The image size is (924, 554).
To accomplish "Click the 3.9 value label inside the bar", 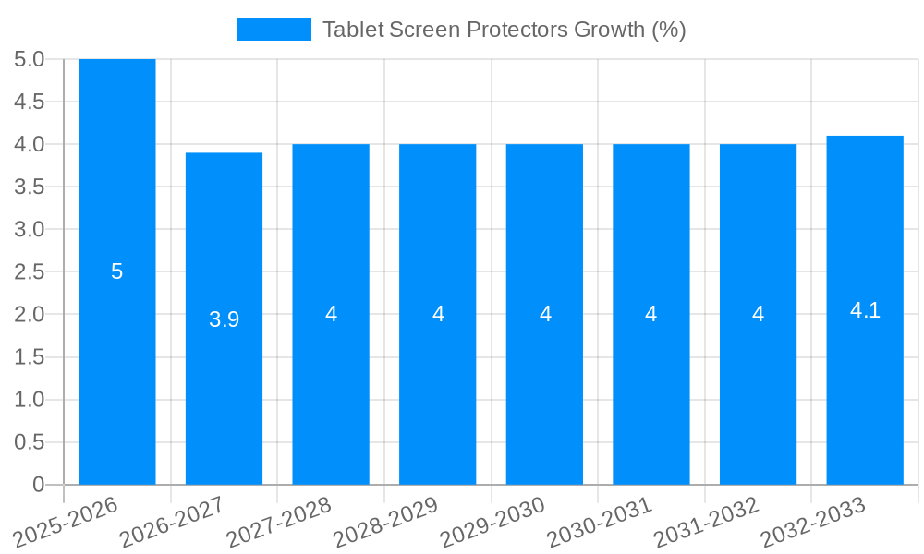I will click(224, 319).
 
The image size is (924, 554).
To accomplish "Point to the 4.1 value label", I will click(865, 310).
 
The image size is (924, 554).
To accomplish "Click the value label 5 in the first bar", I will click(117, 271).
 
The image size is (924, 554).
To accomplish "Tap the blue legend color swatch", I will click(274, 30).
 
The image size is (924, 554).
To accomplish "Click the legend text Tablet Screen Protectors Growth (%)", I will click(504, 30).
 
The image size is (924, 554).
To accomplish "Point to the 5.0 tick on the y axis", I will click(30, 59).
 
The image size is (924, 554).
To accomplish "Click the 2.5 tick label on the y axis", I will click(30, 272).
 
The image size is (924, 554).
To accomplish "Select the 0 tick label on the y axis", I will click(38, 485).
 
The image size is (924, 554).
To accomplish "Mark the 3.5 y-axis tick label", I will click(30, 187).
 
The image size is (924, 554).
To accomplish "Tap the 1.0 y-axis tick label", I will click(30, 400).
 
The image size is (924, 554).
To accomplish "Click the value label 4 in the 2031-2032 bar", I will click(758, 314).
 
